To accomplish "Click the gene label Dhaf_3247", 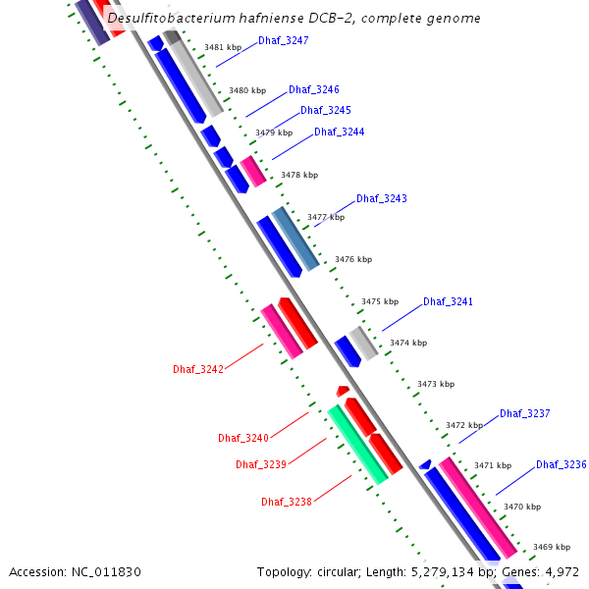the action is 284,41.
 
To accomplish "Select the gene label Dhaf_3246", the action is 314,90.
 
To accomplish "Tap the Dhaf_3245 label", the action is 326,111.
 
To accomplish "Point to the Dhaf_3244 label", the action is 340,133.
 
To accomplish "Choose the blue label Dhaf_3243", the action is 382,199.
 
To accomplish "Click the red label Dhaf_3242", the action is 198,369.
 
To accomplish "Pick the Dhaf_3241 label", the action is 449,302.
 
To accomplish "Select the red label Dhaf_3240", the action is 243,438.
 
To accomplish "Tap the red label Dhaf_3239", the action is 261,464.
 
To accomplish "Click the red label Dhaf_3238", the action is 287,502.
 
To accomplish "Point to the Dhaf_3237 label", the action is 525,414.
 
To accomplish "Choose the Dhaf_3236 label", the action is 562,464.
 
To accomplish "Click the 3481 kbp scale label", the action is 223,47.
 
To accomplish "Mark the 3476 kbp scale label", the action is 353,260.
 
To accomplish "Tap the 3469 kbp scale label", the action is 552,547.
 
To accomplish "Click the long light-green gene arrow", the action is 357,444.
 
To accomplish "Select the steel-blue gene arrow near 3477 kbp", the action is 295,239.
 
